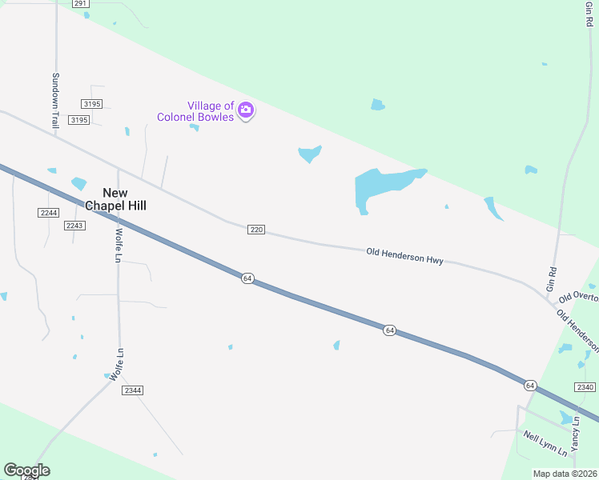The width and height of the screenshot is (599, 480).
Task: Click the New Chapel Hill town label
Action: (125, 198)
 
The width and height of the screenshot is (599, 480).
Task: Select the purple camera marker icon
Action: (246, 110)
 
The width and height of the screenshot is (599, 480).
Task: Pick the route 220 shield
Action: (255, 230)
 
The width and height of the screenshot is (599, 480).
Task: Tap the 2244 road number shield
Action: (48, 212)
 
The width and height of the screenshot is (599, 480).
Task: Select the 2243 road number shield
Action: (74, 226)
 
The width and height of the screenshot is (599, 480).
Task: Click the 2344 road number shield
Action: (132, 390)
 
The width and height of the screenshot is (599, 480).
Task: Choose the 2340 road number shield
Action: (585, 387)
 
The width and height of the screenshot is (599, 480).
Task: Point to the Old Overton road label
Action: (578, 297)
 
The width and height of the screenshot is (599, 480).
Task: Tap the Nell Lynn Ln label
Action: (545, 443)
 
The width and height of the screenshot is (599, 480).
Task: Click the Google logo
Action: (26, 470)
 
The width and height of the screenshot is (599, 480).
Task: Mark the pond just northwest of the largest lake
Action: (309, 153)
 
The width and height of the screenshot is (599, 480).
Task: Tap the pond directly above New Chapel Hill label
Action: (78, 183)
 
